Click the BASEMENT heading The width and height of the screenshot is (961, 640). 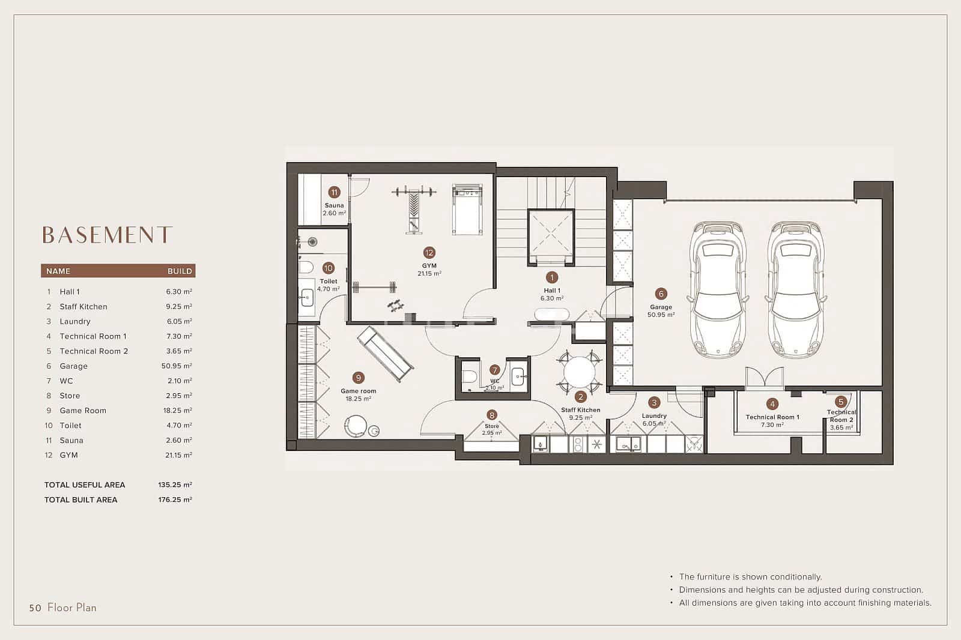[x=107, y=235]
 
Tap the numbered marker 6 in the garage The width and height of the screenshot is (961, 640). [x=661, y=294]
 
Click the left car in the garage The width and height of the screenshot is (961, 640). [x=720, y=289]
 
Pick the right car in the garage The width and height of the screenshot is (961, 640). [x=795, y=289]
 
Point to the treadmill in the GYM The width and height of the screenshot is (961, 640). [x=467, y=209]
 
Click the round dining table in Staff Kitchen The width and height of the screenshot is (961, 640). [x=579, y=372]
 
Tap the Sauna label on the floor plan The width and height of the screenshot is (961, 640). [x=334, y=205]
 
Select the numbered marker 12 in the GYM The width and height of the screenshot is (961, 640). [x=429, y=253]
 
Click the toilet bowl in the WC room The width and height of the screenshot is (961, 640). [x=470, y=376]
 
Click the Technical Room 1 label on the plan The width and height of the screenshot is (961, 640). [x=772, y=417]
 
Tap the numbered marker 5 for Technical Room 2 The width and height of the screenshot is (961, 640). [x=840, y=402]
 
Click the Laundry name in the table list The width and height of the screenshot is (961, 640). [x=75, y=321]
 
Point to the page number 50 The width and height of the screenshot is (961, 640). [x=35, y=608]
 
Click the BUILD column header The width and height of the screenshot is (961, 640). [x=180, y=271]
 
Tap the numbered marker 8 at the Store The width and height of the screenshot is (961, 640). [x=492, y=414]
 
